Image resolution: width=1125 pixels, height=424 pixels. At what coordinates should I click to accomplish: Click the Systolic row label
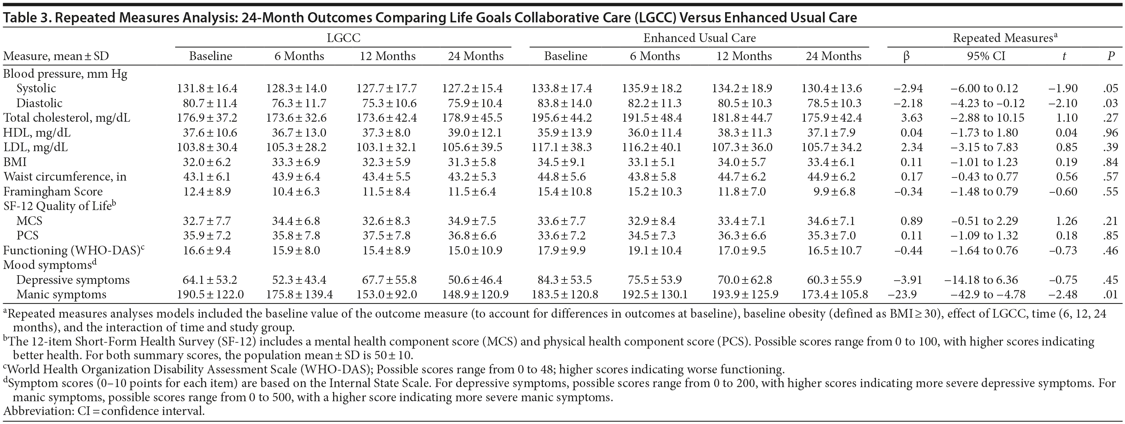point(36,88)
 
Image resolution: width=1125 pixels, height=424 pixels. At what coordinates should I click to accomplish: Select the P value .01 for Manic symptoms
point(1110,294)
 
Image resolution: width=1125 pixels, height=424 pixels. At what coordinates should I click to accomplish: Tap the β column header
point(906,56)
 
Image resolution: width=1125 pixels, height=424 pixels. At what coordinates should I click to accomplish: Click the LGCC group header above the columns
point(343,38)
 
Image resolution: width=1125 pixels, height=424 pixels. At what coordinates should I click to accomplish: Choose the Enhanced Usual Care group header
point(699,38)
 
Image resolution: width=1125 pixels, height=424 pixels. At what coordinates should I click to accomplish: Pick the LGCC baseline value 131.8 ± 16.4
point(207,88)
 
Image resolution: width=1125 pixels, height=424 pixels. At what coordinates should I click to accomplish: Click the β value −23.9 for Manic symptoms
point(903,294)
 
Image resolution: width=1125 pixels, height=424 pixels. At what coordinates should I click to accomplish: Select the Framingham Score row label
point(53,191)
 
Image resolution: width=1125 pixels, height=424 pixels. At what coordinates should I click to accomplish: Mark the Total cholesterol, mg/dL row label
point(66,118)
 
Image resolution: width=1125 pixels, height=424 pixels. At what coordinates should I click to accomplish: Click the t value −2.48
point(1063,294)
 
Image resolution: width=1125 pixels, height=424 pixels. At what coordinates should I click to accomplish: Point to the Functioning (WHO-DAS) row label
point(73,250)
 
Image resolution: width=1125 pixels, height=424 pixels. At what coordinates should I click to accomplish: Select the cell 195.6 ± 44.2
point(562,118)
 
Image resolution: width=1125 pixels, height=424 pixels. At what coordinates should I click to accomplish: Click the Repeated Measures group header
point(1004,38)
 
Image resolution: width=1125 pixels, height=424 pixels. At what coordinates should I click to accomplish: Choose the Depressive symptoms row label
point(73,280)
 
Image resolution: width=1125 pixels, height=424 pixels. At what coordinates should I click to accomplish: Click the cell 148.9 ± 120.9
point(475,294)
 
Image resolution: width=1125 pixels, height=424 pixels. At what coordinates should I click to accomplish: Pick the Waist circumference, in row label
point(65,176)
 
